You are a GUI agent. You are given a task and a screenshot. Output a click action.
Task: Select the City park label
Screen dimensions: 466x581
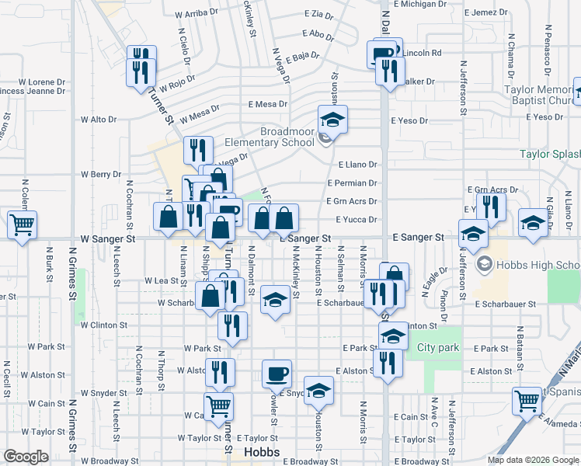pyautogui.click(x=438, y=347)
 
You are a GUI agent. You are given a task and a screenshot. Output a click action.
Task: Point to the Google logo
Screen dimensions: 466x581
pyautogui.click(x=26, y=457)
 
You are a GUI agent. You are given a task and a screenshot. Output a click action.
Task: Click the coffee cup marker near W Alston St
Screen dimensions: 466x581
pyautogui.click(x=277, y=374)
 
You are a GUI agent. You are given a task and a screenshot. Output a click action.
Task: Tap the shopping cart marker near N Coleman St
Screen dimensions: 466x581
pyautogui.click(x=23, y=225)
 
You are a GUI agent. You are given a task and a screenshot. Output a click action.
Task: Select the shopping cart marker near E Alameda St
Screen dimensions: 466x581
pyautogui.click(x=527, y=402)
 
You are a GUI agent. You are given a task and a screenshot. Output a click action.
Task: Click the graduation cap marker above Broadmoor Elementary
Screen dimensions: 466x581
pyautogui.click(x=332, y=120)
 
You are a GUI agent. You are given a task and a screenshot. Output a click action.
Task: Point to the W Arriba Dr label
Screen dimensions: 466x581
pyautogui.click(x=199, y=14)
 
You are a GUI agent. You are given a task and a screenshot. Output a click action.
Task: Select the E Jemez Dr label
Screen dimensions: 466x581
pyautogui.click(x=489, y=12)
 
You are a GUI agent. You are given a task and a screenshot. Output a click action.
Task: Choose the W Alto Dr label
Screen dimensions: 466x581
pyautogui.click(x=98, y=120)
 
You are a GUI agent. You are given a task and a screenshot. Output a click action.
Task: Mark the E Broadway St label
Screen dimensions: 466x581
pyautogui.click(x=312, y=461)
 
